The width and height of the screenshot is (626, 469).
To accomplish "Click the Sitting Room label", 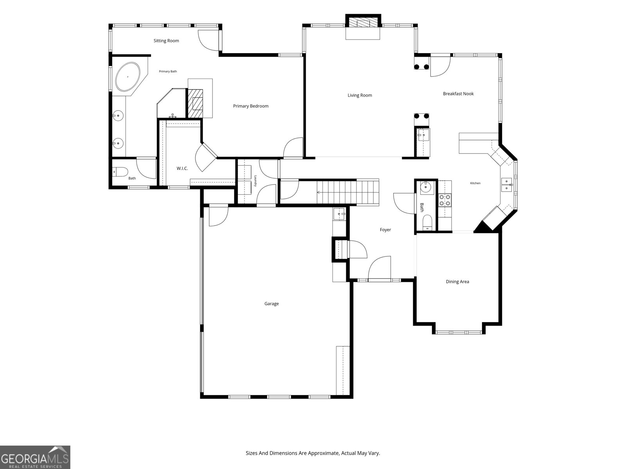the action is [166, 41].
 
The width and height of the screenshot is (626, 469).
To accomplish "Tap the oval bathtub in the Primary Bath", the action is [128, 77].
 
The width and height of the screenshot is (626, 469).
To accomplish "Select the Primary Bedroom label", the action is [251, 106].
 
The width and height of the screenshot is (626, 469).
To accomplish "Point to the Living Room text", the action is [360, 95].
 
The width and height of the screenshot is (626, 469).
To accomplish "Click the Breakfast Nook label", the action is [458, 93].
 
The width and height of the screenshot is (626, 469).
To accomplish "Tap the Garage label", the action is [272, 304].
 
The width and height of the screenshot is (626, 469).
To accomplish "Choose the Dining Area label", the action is [457, 281].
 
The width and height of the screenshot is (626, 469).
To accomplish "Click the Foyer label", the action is [385, 229].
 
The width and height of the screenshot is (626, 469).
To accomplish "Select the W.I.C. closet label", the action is [182, 168].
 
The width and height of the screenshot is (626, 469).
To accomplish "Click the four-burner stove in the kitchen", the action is [445, 200].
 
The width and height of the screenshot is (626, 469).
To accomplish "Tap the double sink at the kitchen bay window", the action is [507, 184].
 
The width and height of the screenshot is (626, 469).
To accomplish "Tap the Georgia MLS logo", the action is [35, 457].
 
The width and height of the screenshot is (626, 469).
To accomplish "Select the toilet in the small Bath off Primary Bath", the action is [121, 172].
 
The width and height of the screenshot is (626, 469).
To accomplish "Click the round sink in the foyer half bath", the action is [426, 187].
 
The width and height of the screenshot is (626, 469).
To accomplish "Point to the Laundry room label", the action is [255, 181].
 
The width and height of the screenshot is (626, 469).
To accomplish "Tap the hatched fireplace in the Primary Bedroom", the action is [195, 103].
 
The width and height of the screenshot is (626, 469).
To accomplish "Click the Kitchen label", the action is [475, 183].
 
